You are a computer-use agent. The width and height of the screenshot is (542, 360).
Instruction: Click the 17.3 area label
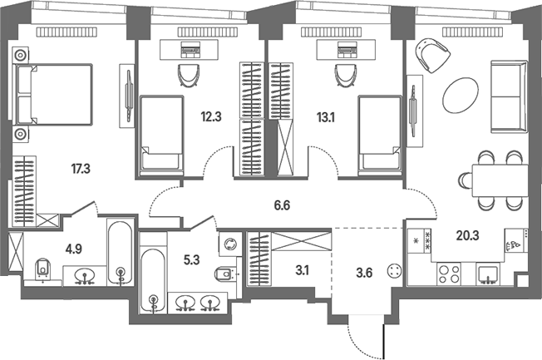click(x=81, y=169)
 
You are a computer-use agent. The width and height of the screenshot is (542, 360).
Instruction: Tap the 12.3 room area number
click(x=211, y=117)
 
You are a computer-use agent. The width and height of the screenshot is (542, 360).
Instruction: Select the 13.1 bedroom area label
click(x=326, y=117)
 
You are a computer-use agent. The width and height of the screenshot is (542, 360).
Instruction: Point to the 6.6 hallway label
click(x=282, y=205)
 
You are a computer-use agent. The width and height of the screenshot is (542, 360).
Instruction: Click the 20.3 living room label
click(x=467, y=236)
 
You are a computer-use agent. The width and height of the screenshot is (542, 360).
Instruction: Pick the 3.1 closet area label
click(x=302, y=270)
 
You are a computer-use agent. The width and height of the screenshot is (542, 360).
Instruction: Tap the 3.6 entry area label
click(x=364, y=273)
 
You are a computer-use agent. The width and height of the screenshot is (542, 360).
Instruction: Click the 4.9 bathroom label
click(x=74, y=249)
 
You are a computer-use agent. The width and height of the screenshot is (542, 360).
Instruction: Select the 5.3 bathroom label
click(x=191, y=259)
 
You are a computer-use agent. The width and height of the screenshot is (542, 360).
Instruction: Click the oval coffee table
click(x=461, y=95)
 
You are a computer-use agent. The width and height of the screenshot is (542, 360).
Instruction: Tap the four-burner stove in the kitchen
click(x=449, y=274)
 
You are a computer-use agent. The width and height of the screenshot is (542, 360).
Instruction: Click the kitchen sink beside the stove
click(x=488, y=275)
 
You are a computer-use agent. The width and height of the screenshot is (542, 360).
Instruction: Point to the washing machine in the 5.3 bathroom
click(x=230, y=244)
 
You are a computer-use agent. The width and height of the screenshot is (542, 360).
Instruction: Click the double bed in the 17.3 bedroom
click(x=52, y=94)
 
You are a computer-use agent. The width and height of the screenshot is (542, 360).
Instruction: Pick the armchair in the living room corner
click(x=432, y=55)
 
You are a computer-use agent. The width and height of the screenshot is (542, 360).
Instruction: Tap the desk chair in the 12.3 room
click(x=189, y=76)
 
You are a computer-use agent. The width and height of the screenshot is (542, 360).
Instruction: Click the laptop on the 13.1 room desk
click(x=347, y=49)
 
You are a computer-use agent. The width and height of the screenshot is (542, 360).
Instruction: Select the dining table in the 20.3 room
click(x=500, y=180)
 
